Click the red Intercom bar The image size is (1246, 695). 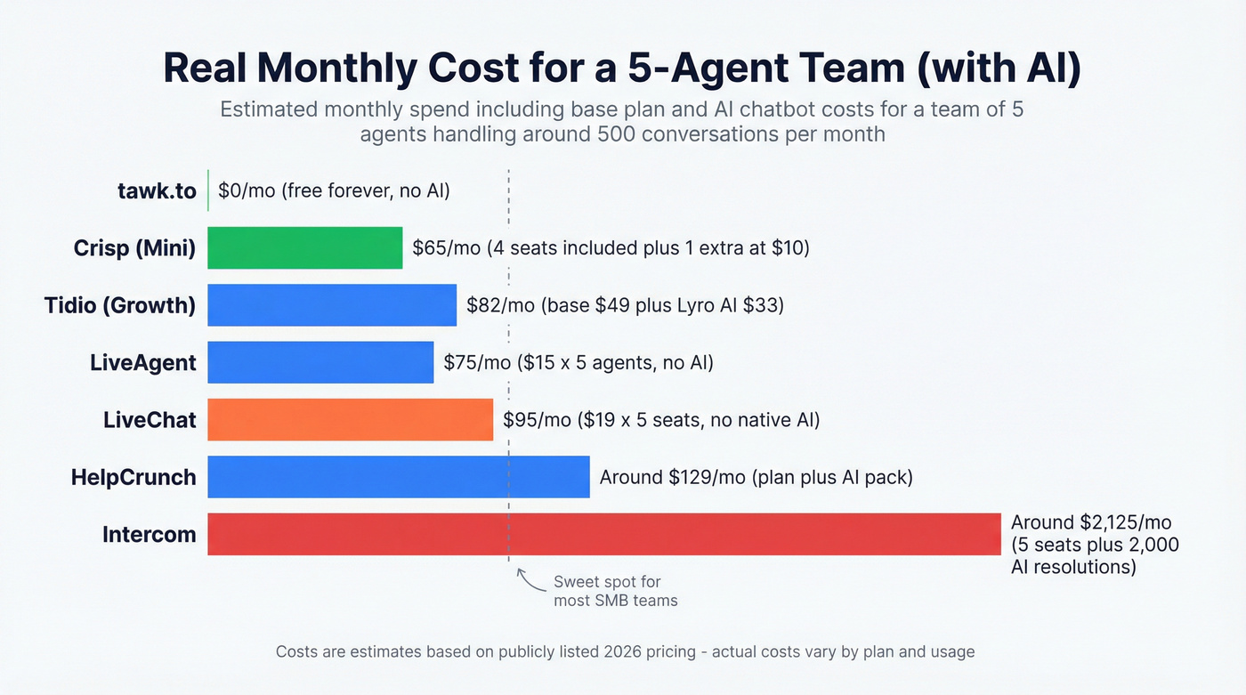(x=604, y=534)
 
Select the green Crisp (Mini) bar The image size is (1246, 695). (x=304, y=247)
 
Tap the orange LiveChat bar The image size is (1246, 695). (x=350, y=419)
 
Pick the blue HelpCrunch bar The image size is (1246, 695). (x=398, y=477)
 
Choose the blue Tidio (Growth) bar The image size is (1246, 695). (x=331, y=305)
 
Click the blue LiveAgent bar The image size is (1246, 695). (x=320, y=362)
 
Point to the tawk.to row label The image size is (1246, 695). (x=157, y=190)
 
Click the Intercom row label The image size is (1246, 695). (x=149, y=535)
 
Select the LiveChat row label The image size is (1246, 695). (x=150, y=420)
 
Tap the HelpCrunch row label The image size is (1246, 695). (x=133, y=477)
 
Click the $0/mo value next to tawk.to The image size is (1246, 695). (x=246, y=190)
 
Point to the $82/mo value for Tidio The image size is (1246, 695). (x=500, y=305)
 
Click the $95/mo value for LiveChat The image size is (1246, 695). (x=537, y=420)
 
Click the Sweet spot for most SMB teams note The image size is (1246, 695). (x=615, y=591)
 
